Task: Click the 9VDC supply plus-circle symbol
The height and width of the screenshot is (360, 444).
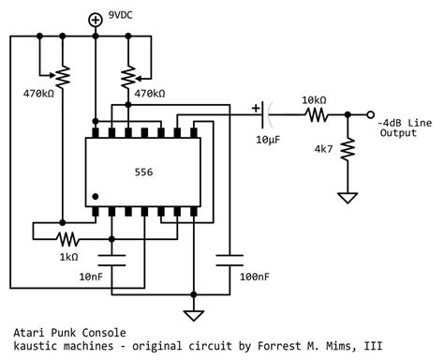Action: [x=96, y=21]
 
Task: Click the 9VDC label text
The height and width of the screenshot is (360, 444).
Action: [x=120, y=15]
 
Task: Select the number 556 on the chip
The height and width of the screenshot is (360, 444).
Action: [x=143, y=172]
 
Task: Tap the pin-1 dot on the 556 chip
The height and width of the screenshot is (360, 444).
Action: [x=96, y=197]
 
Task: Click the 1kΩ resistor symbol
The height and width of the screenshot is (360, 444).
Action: [x=67, y=239]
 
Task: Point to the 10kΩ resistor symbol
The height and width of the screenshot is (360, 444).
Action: [x=317, y=115]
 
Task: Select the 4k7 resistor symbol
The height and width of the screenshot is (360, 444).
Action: [x=348, y=149]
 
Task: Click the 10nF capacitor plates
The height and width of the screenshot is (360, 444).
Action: [x=111, y=261]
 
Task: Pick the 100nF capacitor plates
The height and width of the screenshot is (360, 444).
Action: [x=229, y=261]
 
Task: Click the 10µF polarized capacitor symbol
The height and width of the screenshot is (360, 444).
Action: [x=266, y=115]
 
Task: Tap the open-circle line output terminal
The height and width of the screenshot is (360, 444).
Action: [x=370, y=115]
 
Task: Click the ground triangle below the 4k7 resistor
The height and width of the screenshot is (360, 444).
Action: [x=348, y=198]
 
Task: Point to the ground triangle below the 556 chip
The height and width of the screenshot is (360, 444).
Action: [x=194, y=316]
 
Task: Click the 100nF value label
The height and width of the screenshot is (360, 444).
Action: [x=255, y=277]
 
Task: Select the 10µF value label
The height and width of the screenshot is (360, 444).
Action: [x=268, y=140]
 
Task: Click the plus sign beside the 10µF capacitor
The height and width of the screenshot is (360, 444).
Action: [x=256, y=109]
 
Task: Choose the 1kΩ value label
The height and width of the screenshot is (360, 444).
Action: [x=68, y=257]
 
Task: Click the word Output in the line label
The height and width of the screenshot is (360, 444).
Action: [x=398, y=132]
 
